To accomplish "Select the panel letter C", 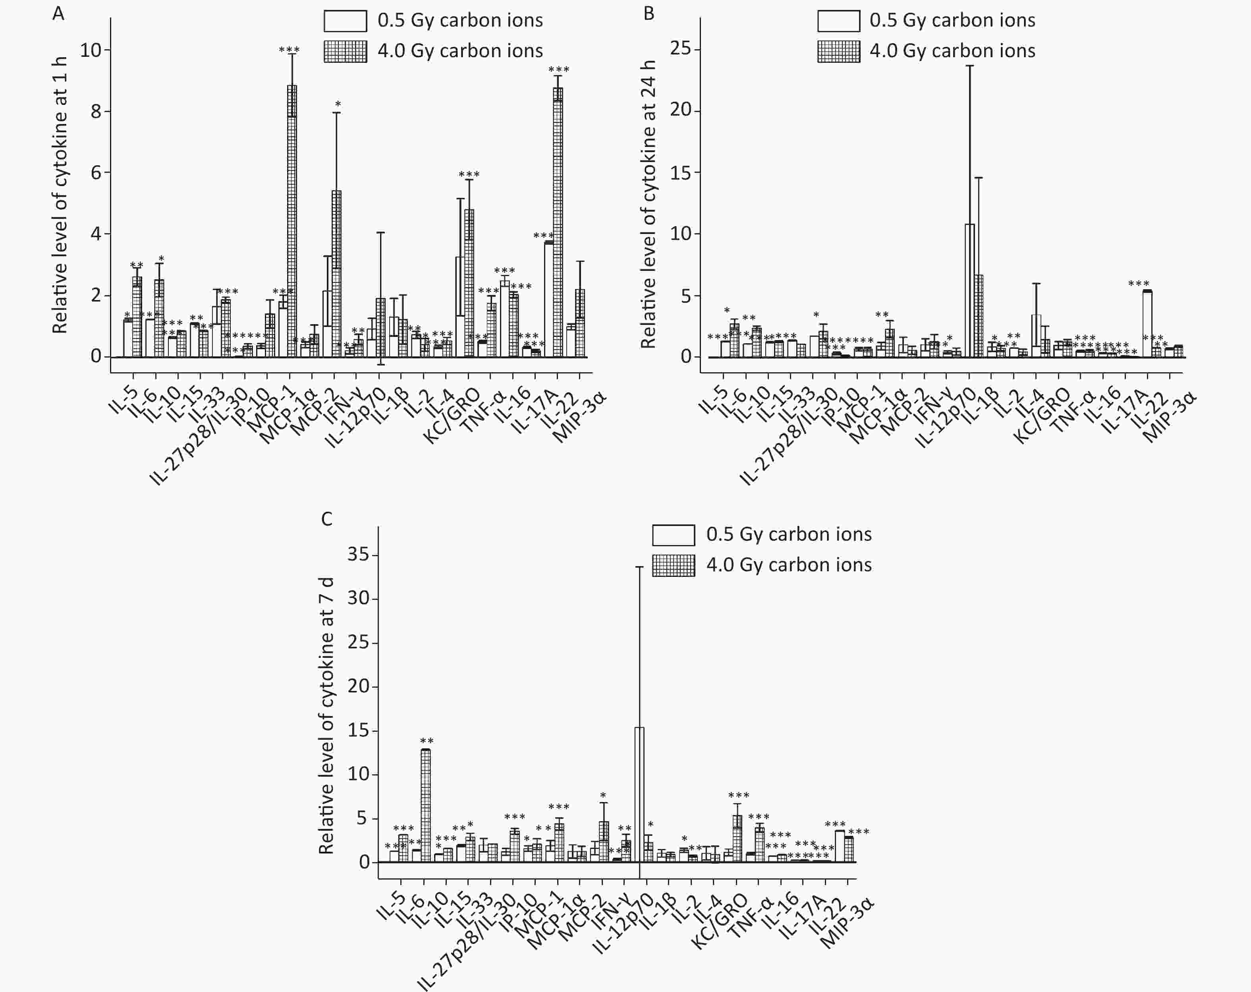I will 327,518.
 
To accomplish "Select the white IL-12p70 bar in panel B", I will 969,290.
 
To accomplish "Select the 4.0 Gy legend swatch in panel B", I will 838,51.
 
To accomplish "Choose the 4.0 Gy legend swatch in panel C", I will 673,565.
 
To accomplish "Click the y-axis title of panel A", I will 60,194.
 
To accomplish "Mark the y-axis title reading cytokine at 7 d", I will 326,715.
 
